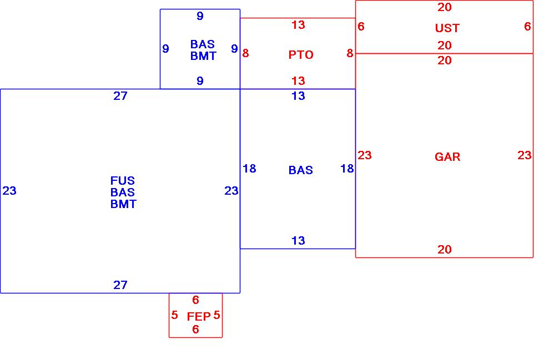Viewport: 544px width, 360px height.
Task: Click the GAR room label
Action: tap(447, 157)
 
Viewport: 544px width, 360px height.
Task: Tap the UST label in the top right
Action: tap(447, 28)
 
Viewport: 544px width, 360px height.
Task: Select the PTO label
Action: tap(301, 55)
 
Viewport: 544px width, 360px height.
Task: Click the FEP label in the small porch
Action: tap(198, 317)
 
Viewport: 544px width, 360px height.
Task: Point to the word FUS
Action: tap(123, 181)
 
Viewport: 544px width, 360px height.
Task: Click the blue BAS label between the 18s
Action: tap(300, 170)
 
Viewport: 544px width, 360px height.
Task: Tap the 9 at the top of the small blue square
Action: tap(200, 17)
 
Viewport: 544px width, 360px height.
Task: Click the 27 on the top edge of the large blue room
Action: tap(120, 96)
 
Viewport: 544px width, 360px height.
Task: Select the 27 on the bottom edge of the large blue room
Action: tap(120, 285)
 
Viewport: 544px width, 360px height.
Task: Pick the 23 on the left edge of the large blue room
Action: tap(9, 191)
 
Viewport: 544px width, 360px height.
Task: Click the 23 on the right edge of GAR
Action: tap(524, 155)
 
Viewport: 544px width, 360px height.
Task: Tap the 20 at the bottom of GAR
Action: tap(445, 250)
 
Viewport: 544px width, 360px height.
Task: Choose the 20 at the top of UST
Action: tap(445, 7)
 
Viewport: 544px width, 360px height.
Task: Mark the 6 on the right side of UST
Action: tap(527, 27)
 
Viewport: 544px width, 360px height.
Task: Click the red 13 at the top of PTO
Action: tap(298, 25)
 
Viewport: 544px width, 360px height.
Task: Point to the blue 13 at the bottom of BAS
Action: tap(298, 241)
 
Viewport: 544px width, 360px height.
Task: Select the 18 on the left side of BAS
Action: tap(249, 169)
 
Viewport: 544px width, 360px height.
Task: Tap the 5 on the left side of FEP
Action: tap(174, 315)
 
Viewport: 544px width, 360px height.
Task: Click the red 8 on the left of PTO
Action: tap(245, 54)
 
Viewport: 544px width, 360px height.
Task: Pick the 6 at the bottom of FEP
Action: tap(195, 329)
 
